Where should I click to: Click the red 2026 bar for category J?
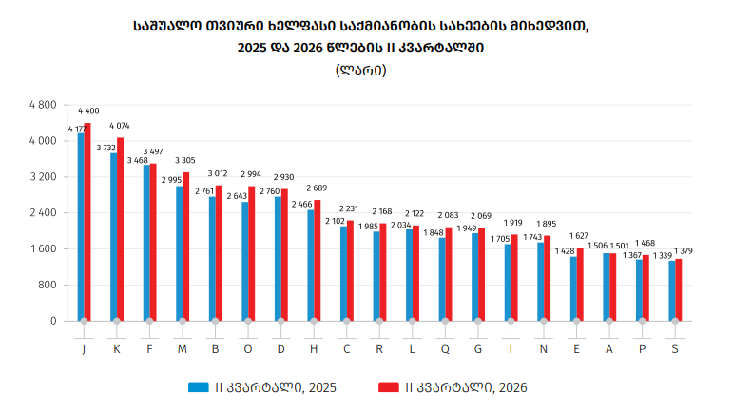tap(87, 222)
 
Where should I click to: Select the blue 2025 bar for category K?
tap(113, 237)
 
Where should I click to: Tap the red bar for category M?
tap(186, 247)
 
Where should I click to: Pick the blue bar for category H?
tap(311, 266)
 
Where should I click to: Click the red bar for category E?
tap(580, 285)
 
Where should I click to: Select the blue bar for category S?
tap(672, 290)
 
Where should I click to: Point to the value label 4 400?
tap(88, 111)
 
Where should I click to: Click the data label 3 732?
tap(106, 148)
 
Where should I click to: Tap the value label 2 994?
tap(251, 174)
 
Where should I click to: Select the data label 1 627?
tap(579, 236)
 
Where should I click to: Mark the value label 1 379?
tap(684, 251)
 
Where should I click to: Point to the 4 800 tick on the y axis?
tap(43, 105)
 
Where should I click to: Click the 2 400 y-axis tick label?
tap(43, 213)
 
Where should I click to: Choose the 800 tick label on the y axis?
tap(48, 285)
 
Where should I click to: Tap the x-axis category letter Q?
tap(445, 349)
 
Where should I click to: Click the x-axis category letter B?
tap(216, 349)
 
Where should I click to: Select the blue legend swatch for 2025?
tap(198, 387)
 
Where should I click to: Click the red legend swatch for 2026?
tap(389, 387)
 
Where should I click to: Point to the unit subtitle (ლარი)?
tap(361, 70)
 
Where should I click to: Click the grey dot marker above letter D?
tap(281, 321)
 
